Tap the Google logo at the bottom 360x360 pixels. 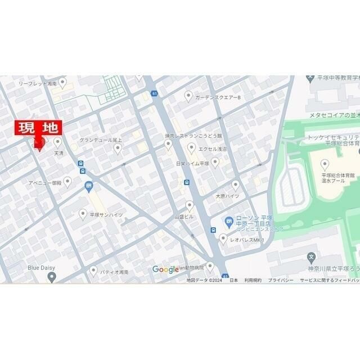coord(165,270)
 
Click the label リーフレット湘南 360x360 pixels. coord(38,83)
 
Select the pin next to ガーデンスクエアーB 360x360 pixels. coord(188,97)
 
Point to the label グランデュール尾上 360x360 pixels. coord(101,139)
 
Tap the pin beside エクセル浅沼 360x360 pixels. coord(191,148)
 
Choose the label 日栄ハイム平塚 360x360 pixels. coord(192,164)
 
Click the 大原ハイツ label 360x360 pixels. coord(228,196)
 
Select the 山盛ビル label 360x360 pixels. coord(184,217)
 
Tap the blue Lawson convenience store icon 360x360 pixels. coord(229,221)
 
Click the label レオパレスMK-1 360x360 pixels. coord(247,240)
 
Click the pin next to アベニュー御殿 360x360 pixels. coord(67,181)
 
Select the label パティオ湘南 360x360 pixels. coord(114,272)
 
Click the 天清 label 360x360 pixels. coord(59,153)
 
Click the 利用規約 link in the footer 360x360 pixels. coord(253,280)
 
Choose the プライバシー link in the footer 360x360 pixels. coord(280,280)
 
